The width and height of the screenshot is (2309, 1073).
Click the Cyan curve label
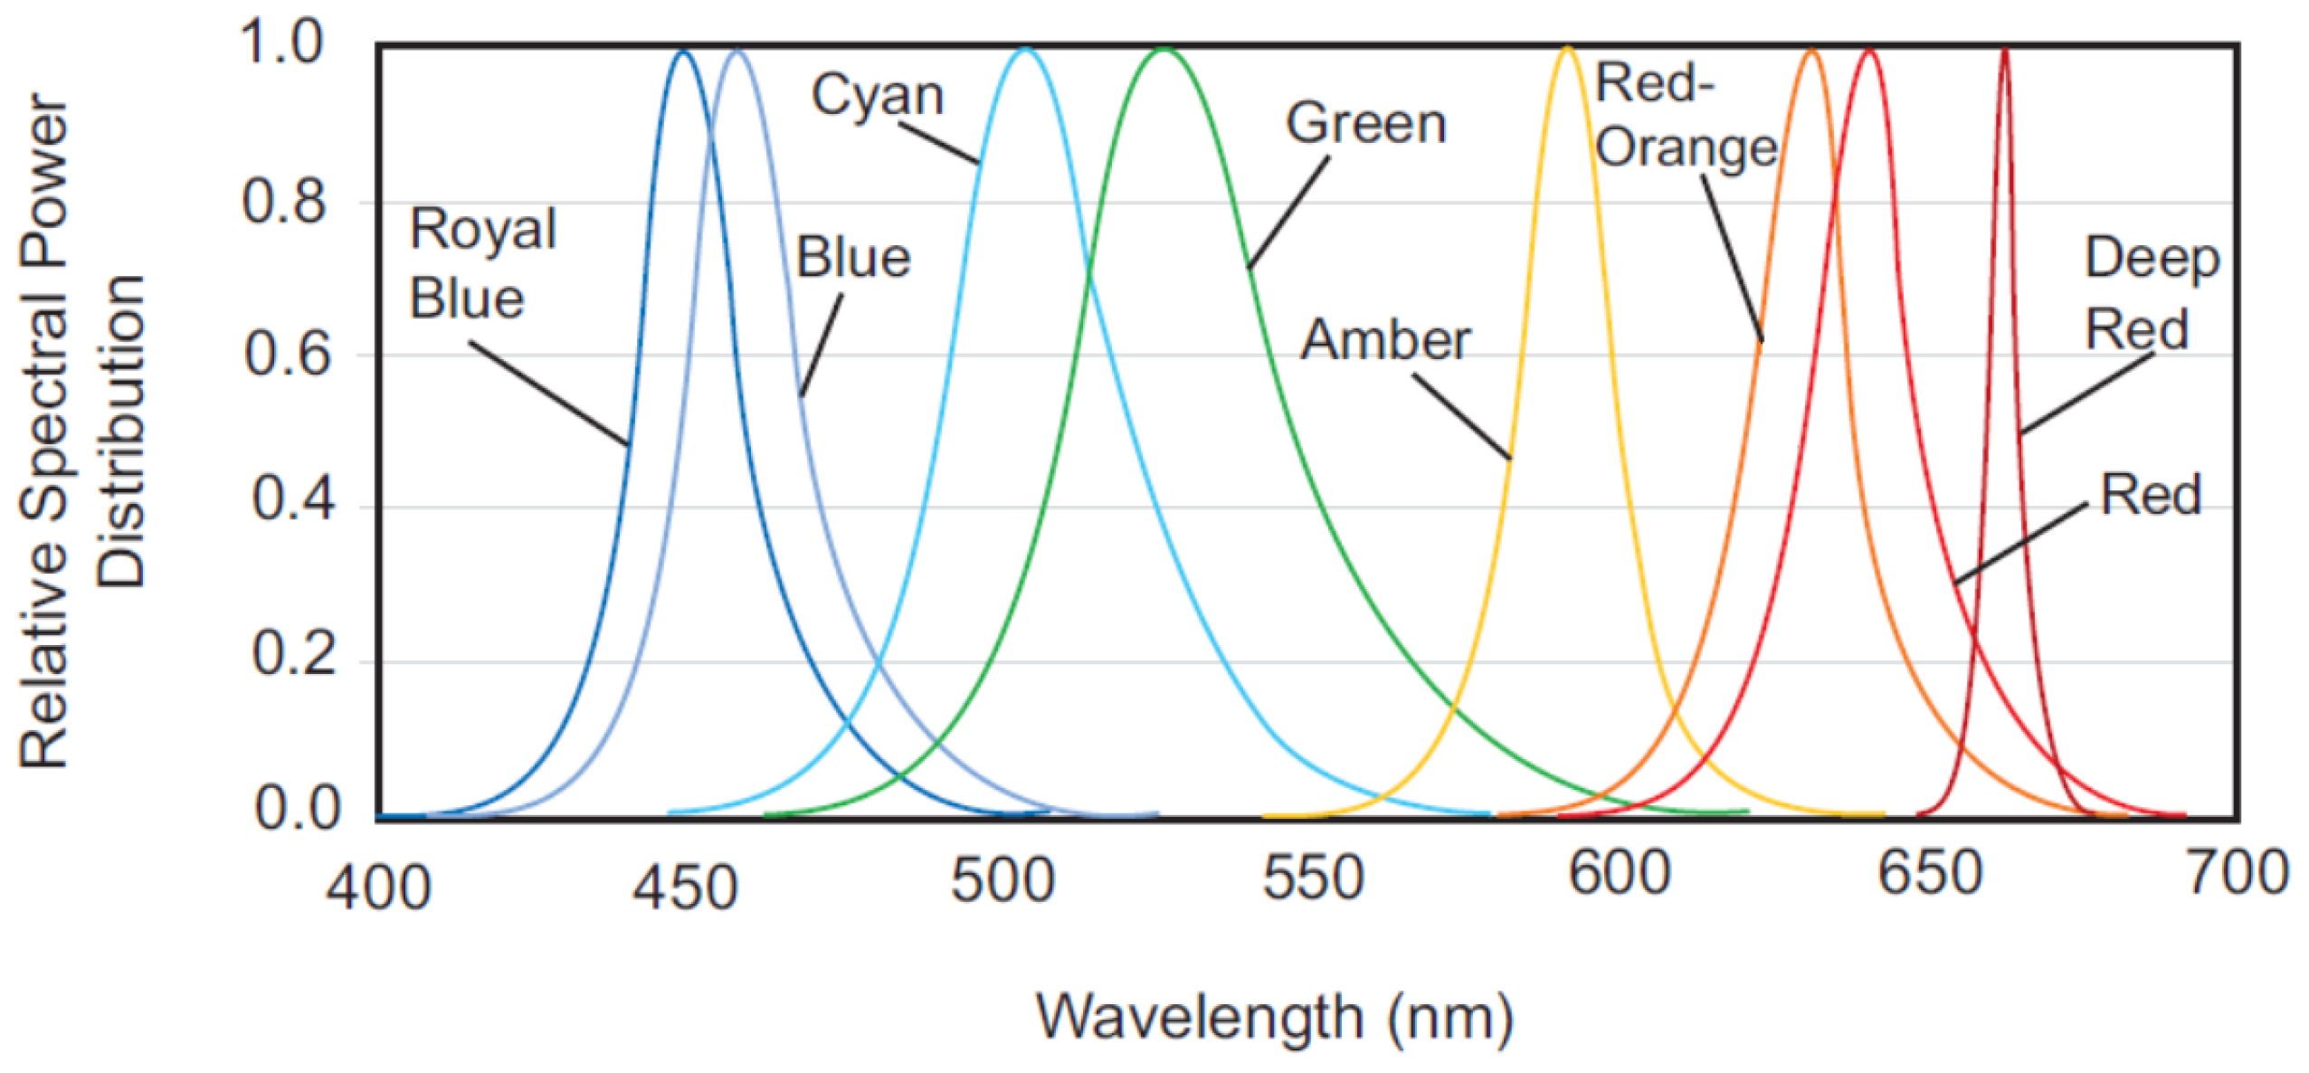point(877,95)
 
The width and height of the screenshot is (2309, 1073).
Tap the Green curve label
point(1365,124)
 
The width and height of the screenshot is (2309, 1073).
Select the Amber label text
point(1384,340)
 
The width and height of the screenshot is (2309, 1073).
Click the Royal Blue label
point(481,263)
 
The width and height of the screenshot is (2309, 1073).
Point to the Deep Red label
point(2152,292)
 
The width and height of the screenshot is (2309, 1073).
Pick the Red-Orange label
point(1685,116)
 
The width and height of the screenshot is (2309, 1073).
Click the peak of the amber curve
point(1567,49)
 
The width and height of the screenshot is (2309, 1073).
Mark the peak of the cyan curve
point(1025,49)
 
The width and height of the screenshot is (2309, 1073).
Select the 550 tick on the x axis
point(1313,877)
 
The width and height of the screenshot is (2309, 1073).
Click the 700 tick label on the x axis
point(2237,874)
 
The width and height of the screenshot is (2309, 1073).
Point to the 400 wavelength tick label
point(378,888)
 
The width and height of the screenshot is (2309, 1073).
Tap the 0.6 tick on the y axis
point(287,355)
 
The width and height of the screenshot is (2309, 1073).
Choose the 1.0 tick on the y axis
point(281,43)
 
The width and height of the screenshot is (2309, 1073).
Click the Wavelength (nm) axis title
point(1274,1018)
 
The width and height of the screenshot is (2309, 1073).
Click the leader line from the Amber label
point(1460,415)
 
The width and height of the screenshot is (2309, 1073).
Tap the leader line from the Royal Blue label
point(547,393)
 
